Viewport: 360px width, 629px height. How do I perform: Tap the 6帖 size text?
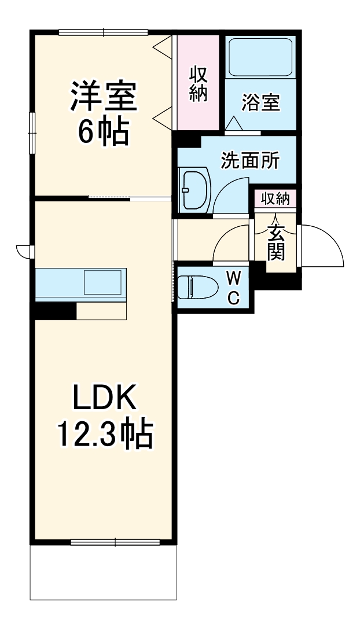pos(104,133)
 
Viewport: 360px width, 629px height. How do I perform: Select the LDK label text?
pos(104,398)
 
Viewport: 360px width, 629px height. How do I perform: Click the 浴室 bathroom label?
pos(261,103)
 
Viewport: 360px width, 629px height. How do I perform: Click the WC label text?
pos(233,288)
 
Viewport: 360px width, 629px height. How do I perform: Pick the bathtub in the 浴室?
pos(260,57)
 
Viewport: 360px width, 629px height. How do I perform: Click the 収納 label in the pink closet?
pos(199,84)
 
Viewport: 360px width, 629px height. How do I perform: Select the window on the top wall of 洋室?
pos(104,32)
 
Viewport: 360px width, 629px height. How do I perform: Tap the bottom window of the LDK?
pos(115,542)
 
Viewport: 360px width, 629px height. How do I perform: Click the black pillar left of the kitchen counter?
pos(54,311)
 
